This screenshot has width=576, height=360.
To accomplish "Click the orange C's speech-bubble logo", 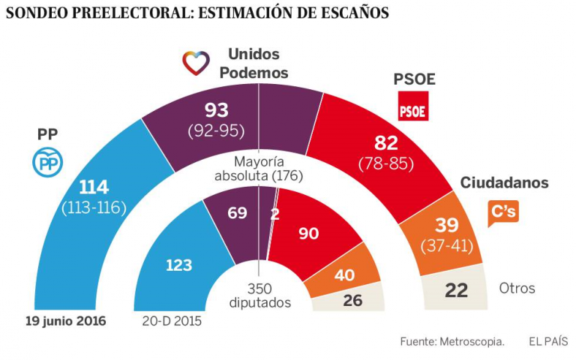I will point(503,212).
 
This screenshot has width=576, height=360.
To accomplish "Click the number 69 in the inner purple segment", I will point(238,214).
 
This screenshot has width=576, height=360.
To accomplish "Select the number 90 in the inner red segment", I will point(309,233).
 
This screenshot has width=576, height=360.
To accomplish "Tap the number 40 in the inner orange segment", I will point(344,276).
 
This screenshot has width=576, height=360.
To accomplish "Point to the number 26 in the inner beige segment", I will point(352,300).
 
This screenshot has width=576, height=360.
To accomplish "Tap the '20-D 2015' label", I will point(172,321).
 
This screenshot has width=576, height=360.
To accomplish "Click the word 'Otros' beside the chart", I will point(517,289).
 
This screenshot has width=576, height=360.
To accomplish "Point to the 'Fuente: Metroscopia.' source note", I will point(451,341).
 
